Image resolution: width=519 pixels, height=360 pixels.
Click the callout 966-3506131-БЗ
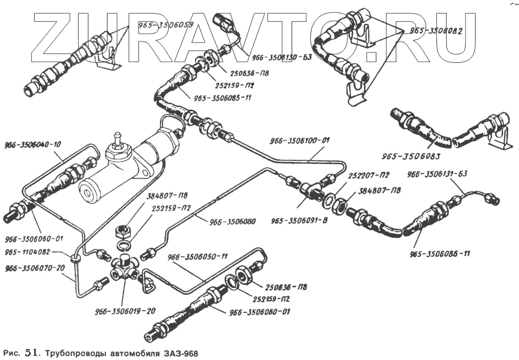tap(438, 174)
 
